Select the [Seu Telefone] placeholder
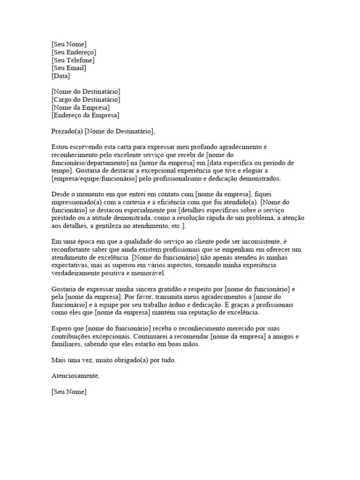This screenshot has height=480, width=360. tap(73, 60)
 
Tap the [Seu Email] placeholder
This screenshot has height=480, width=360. tap(68, 68)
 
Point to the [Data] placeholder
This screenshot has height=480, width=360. tap(60, 76)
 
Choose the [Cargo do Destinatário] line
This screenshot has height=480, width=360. tap(85, 99)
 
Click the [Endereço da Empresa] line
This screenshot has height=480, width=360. tap(85, 115)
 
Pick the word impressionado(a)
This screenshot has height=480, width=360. tap(75, 202)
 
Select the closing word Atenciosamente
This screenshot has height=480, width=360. tap(75, 375)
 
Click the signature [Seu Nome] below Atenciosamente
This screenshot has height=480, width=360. tap(69, 391)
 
